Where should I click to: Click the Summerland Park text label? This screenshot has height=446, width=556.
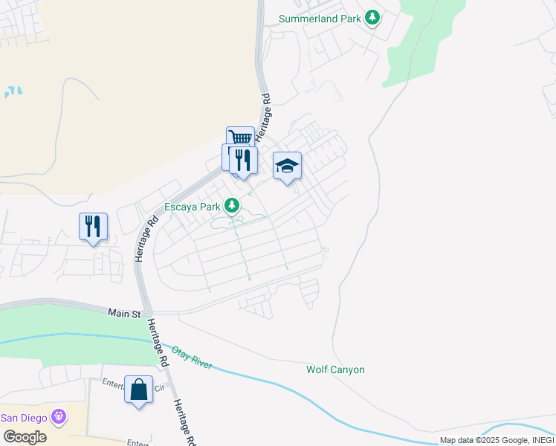[x=319, y=19]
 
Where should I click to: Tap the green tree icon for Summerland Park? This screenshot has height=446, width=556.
[x=372, y=17]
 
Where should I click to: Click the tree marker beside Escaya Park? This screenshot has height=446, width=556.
[x=233, y=204]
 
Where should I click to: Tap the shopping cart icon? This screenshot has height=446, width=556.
[x=240, y=138]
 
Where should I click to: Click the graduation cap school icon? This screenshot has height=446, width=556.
[x=287, y=167]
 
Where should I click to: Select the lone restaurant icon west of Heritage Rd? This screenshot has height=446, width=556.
[x=93, y=224]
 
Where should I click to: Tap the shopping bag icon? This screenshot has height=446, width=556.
[x=139, y=389]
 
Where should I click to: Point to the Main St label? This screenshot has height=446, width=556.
[x=124, y=314]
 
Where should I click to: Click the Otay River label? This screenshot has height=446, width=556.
[x=192, y=358]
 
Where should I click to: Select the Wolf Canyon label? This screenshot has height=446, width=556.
[x=335, y=369]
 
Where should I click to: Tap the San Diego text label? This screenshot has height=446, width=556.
[x=24, y=417]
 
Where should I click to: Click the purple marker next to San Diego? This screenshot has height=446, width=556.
[x=59, y=417]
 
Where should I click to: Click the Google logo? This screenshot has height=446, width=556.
[x=25, y=436]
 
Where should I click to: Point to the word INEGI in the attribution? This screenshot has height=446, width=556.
[x=540, y=440]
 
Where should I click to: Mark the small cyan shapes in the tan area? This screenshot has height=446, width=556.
[x=13, y=92]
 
